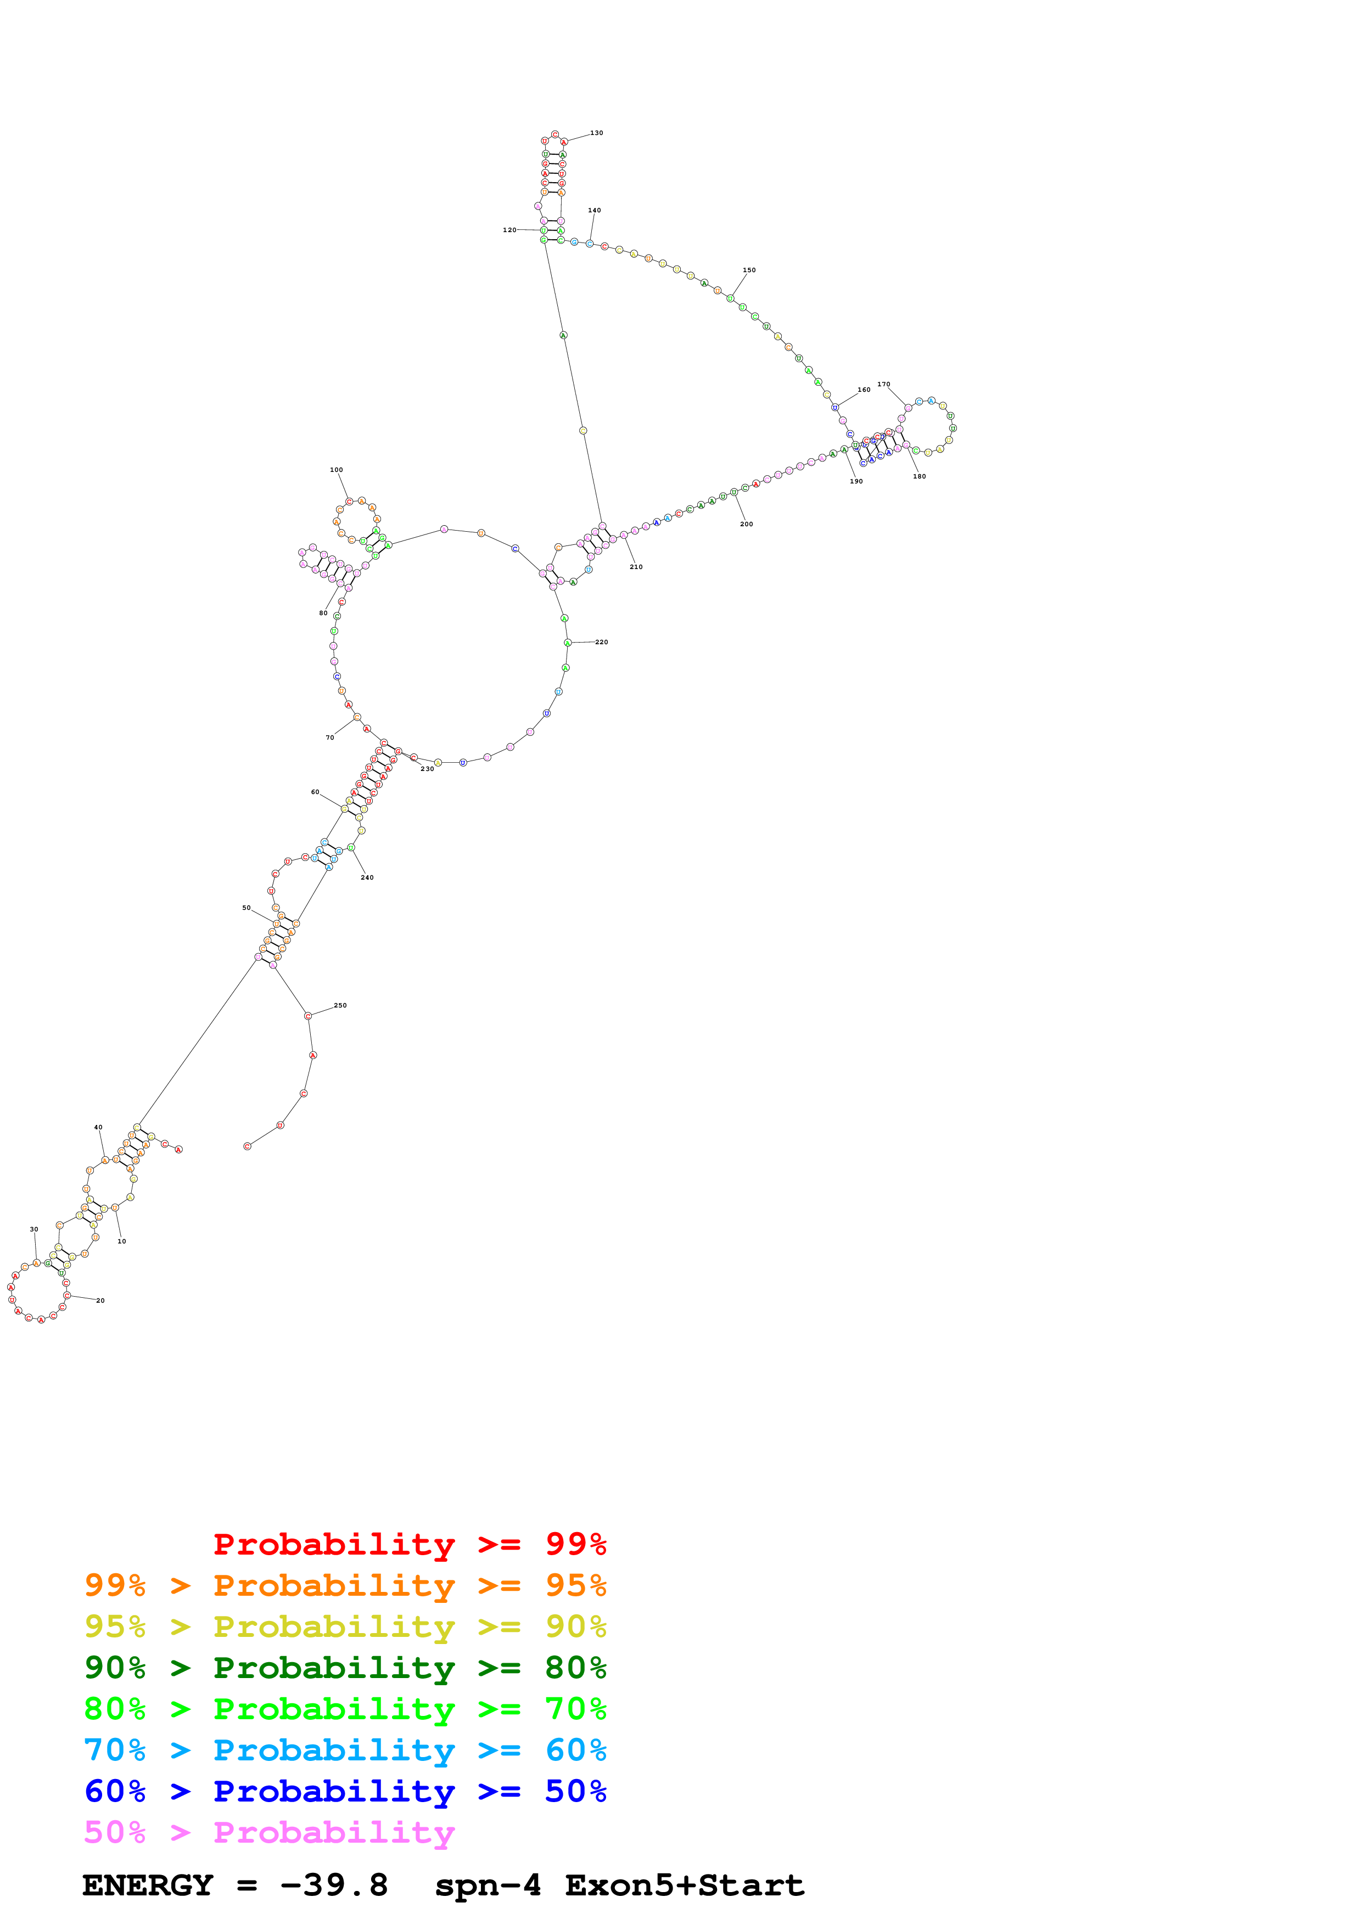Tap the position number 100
pos(336,470)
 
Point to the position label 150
pos(749,270)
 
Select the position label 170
pos(884,385)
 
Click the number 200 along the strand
pos(746,524)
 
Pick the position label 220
pos(601,642)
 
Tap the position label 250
pos(340,1005)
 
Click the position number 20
pos(100,1301)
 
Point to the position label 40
pos(98,1128)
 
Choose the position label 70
pos(329,738)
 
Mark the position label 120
pos(509,230)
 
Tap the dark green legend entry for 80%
pos(345,1668)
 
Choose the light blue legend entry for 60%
pos(345,1750)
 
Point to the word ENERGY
pos(148,1885)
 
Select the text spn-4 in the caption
pos(487,1885)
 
